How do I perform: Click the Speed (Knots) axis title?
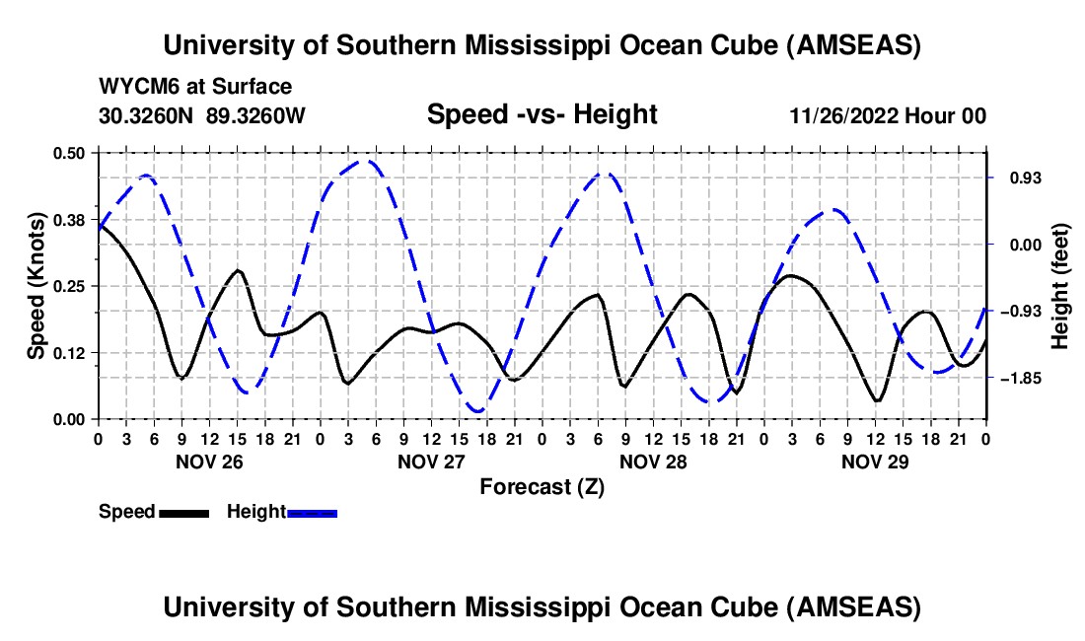point(36,286)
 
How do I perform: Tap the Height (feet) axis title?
point(1060,286)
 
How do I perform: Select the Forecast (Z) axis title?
point(542,486)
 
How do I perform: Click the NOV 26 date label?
point(210,461)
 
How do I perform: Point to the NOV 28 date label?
point(653,461)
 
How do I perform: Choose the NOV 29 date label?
point(875,461)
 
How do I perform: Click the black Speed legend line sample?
point(183,512)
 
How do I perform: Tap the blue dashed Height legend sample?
point(312,512)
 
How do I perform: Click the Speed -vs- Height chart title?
point(542,114)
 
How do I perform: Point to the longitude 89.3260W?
point(255,115)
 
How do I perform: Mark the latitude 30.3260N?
point(148,115)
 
